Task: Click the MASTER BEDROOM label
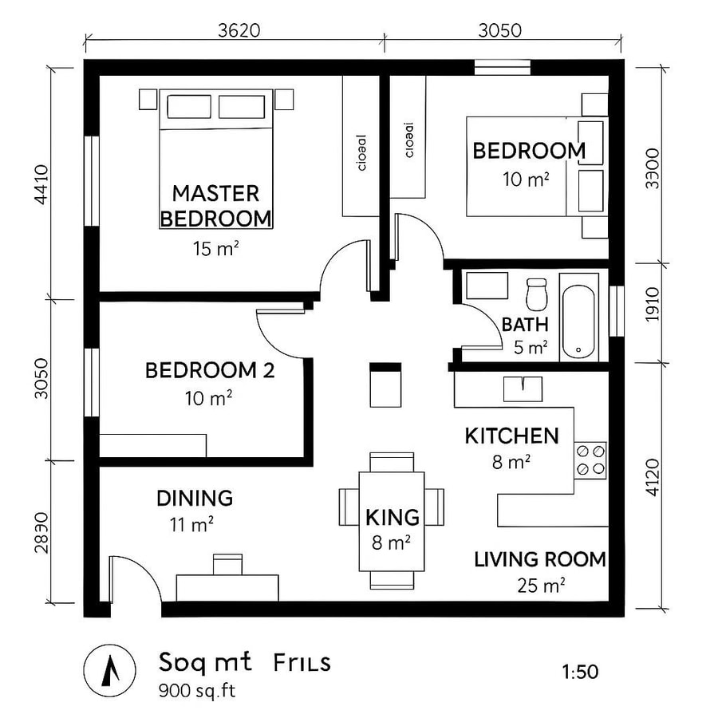coord(215,205)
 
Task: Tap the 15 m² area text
coord(215,249)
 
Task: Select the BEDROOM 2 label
coord(210,370)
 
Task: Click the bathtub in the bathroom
coord(578,317)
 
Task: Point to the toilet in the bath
coord(536,294)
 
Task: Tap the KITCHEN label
coord(511,436)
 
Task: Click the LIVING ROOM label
coord(540,559)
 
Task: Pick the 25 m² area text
coord(540,586)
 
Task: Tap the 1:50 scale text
coord(580,672)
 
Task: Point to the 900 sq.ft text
coord(197,689)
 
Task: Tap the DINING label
coord(195,499)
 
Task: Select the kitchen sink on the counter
coord(523,389)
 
